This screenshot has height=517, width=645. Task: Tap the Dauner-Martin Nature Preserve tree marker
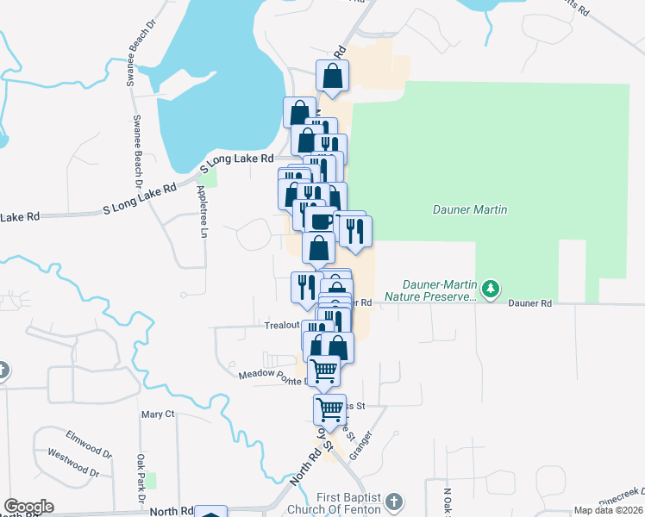(491, 287)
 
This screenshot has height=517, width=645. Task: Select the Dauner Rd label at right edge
(529, 303)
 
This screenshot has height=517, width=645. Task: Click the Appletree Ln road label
(204, 210)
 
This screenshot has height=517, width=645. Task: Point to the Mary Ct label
(158, 414)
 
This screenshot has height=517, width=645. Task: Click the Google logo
(28, 507)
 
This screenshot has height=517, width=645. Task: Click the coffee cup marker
(320, 221)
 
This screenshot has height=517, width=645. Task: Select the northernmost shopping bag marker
(332, 77)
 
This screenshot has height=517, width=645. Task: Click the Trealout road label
(281, 326)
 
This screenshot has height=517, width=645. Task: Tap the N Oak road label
(448, 501)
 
